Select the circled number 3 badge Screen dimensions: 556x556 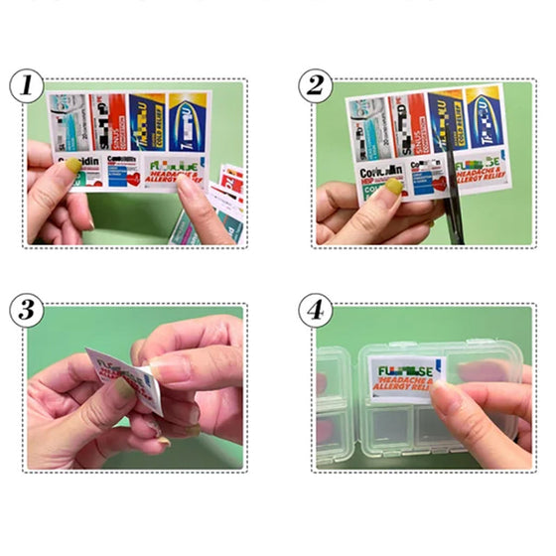pyautogui.click(x=26, y=310)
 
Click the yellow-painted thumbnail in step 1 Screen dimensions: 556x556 pyautogui.click(x=71, y=175)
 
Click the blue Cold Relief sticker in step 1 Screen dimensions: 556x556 pyautogui.click(x=147, y=121)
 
